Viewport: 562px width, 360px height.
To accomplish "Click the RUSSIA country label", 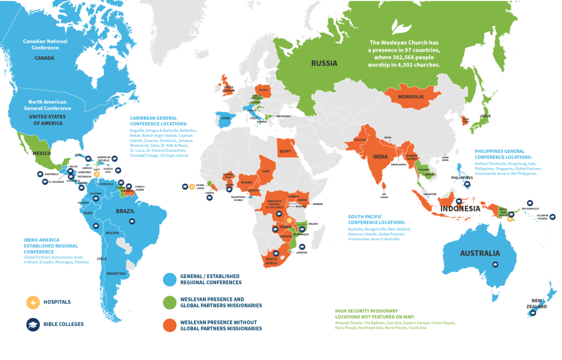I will (x=324, y=63).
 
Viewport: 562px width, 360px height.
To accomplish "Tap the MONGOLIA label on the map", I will (x=411, y=97).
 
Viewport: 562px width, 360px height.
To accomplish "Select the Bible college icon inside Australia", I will (x=495, y=264).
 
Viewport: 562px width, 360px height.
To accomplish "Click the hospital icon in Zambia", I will (x=289, y=220).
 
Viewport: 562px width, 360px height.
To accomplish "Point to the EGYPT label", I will (x=285, y=151).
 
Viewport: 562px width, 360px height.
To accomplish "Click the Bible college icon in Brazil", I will (x=132, y=222).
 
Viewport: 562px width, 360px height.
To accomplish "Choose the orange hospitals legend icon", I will (x=33, y=302).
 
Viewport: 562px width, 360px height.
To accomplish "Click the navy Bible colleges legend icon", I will (x=33, y=324).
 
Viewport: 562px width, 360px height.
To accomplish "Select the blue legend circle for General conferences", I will (x=170, y=279).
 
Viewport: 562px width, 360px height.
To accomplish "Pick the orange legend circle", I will (x=170, y=325).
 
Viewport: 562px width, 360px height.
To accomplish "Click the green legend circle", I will (x=170, y=302).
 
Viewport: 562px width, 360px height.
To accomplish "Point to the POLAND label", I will (x=263, y=90).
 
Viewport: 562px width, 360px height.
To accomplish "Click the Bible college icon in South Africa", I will (x=276, y=253).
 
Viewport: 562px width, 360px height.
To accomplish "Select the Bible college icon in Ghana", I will (x=229, y=190).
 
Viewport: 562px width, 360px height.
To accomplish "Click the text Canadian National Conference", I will (x=45, y=44).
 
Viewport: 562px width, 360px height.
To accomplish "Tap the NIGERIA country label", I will (x=246, y=182).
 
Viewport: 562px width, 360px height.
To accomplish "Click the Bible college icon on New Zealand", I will (x=533, y=313).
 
